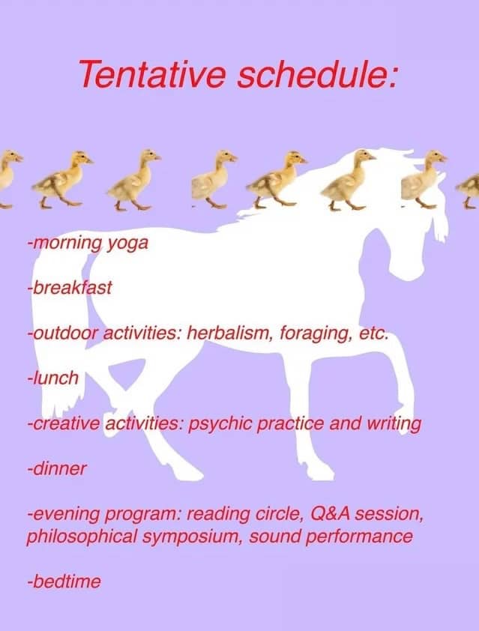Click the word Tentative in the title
[152, 73]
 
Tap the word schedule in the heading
[313, 73]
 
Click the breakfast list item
[69, 288]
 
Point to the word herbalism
[229, 333]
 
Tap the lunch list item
[52, 378]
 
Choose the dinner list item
[57, 468]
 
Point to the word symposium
[196, 537]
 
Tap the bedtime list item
[64, 582]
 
